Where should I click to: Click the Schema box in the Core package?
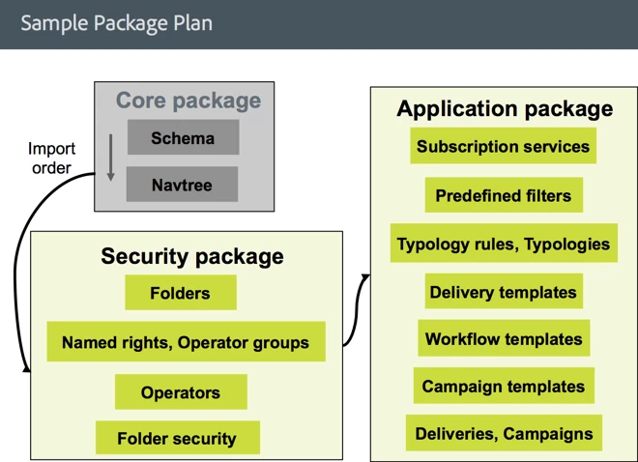[x=183, y=138]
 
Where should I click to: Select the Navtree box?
[x=182, y=184]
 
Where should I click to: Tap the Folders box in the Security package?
[x=180, y=293]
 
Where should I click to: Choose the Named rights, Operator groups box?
[x=186, y=342]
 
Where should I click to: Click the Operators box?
[x=181, y=392]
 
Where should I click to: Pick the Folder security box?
[x=177, y=438]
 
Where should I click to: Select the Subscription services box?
[x=503, y=147]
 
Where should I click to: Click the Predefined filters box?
[x=503, y=195]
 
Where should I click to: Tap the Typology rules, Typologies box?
[x=504, y=244]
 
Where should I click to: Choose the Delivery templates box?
[x=504, y=292]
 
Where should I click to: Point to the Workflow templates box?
[x=504, y=339]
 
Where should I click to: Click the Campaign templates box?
[x=504, y=387]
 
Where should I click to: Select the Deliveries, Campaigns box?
[x=504, y=434]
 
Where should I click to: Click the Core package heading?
[x=188, y=101]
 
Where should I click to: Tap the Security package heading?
[x=192, y=256]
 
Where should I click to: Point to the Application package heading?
[x=505, y=108]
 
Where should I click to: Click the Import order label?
[x=51, y=159]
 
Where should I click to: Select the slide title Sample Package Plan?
[x=116, y=22]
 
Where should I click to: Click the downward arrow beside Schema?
[x=111, y=157]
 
